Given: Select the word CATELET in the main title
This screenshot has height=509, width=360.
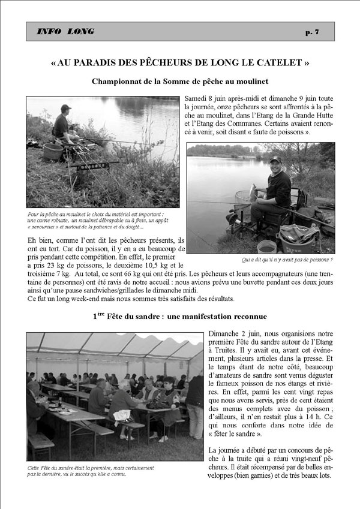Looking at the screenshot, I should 278,62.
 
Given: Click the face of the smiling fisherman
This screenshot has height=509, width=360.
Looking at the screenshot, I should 275,165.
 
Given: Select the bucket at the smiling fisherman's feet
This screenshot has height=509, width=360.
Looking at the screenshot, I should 266,246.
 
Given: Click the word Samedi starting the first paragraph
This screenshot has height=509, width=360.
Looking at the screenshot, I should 198,98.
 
